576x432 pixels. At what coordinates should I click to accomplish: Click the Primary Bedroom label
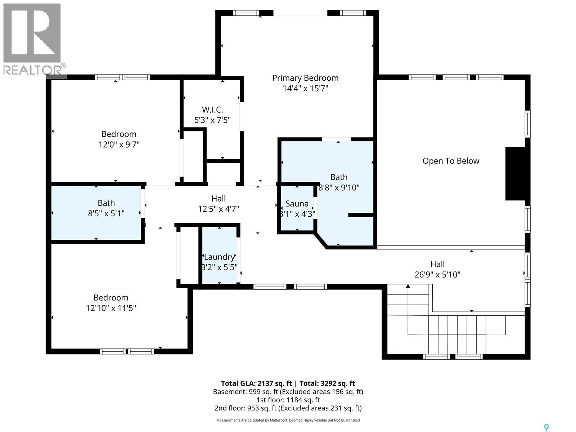[305, 78]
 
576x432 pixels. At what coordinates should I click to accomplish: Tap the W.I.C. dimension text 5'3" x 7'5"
[212, 120]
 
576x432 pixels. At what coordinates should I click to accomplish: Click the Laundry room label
[219, 257]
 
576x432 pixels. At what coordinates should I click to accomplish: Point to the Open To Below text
[451, 161]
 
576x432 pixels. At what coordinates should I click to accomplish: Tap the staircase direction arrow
[408, 287]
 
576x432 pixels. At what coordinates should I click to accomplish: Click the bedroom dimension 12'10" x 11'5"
[111, 308]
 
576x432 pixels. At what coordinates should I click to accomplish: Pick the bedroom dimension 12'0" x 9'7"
[119, 145]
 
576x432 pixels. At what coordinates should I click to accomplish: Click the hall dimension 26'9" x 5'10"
[437, 275]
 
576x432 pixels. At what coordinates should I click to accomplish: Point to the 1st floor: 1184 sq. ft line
[288, 400]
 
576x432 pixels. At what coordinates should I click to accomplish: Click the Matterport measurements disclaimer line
[288, 420]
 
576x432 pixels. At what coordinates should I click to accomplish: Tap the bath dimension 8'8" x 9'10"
[339, 188]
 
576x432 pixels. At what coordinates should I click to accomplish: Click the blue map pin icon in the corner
[546, 427]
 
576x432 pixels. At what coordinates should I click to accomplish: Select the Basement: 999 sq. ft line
[288, 392]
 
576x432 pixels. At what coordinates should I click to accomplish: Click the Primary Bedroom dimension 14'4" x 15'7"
[305, 88]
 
